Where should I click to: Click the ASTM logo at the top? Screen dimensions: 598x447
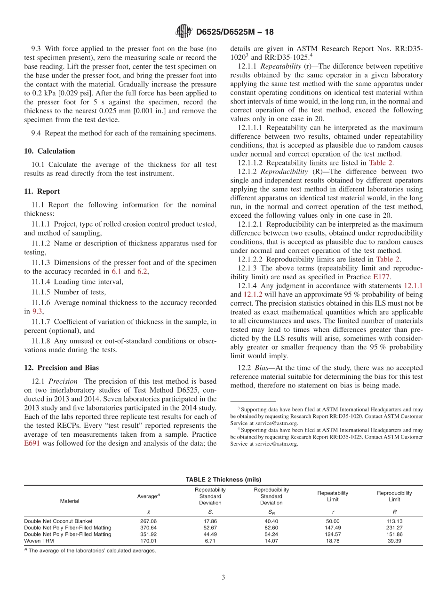(x=184, y=31)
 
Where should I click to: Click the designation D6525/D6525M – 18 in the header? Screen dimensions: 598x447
(x=234, y=32)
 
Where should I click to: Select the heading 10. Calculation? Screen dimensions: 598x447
(x=49, y=151)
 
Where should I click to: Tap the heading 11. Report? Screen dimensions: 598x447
(x=42, y=191)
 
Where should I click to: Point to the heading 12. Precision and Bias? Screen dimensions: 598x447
(x=62, y=368)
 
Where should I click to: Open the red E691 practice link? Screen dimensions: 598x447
(x=33, y=443)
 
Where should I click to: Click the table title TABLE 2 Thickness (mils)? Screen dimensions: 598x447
(x=223, y=479)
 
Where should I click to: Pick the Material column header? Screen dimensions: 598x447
(x=70, y=501)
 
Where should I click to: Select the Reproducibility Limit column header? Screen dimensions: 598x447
(x=394, y=496)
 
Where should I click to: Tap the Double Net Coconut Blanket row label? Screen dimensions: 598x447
(x=58, y=521)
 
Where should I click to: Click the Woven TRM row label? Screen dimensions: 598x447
(x=39, y=541)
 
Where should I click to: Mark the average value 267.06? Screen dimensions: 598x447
(x=148, y=521)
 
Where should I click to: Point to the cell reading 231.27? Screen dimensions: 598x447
(x=394, y=527)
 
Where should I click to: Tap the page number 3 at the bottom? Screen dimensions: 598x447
(x=223, y=577)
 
